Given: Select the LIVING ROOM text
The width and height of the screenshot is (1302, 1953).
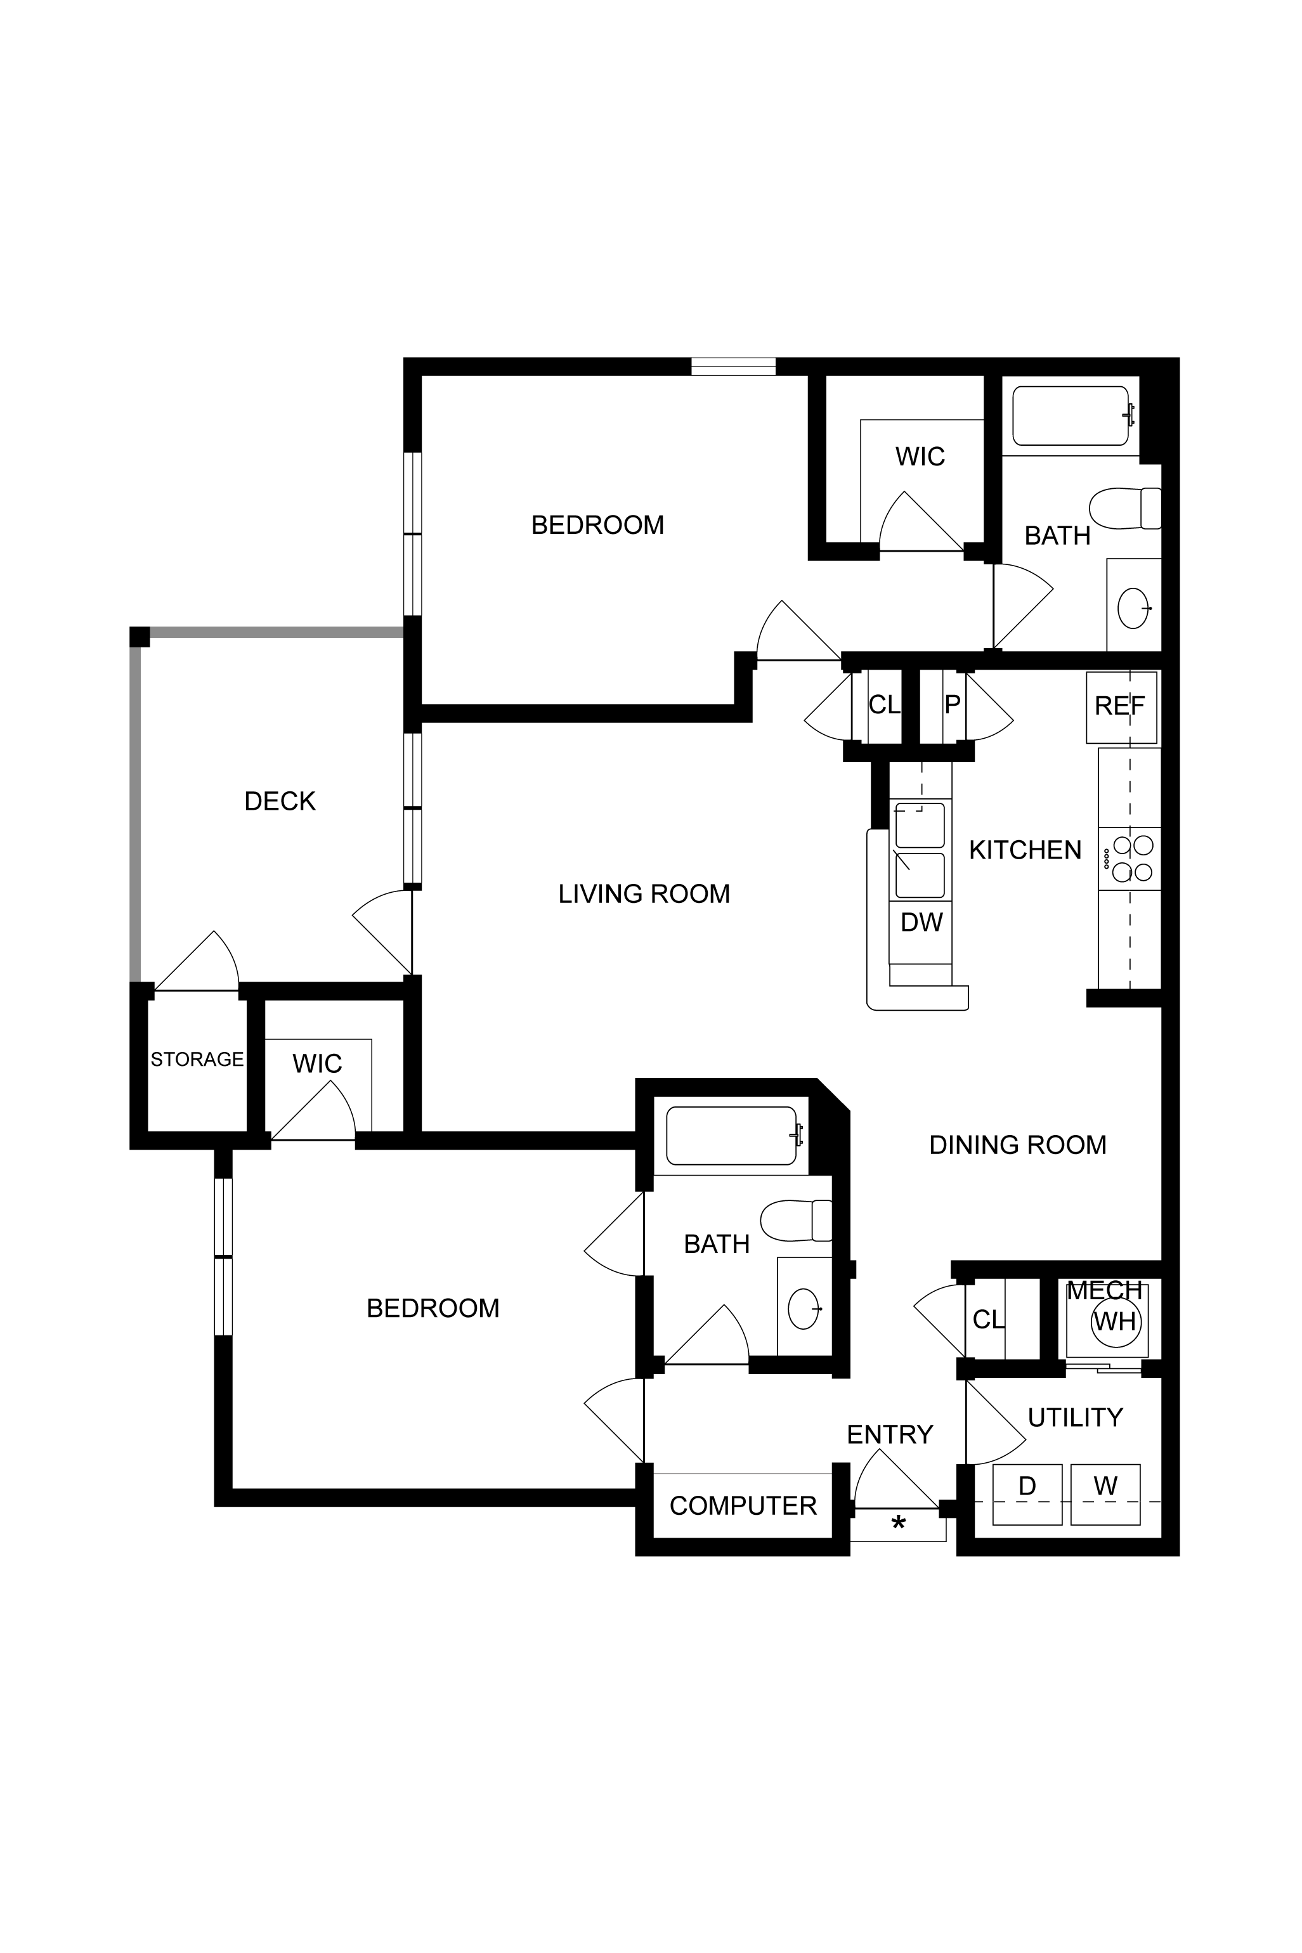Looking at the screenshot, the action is click(644, 894).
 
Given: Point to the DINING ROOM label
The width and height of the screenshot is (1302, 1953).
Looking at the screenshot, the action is click(1017, 1145).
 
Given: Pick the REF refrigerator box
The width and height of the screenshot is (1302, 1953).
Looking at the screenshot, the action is click(1121, 707).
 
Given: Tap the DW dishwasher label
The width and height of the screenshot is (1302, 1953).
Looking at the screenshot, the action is click(921, 922).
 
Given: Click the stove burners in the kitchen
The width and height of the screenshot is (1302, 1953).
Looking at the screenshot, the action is click(1133, 859).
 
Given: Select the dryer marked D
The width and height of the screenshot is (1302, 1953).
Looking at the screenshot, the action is click(1027, 1494).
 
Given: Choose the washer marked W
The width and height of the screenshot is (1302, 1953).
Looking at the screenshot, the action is click(1105, 1494).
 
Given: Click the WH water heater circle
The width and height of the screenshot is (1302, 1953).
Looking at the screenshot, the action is click(1115, 1321).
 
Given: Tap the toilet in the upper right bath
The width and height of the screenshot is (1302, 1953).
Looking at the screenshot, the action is click(1125, 508).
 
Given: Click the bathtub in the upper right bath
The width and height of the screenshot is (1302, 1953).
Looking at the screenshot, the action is click(1071, 416).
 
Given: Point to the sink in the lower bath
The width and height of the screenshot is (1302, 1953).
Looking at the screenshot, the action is click(803, 1309).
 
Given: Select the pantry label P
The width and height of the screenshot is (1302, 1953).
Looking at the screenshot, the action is click(953, 704).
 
